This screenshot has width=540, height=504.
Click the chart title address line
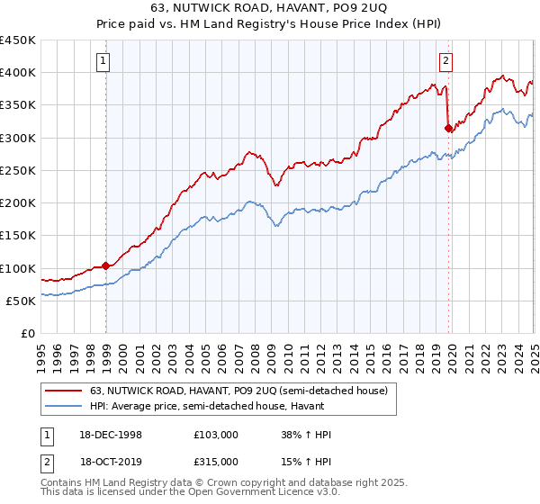pyautogui.click(x=270, y=8)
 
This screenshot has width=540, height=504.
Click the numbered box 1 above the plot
pyautogui.click(x=104, y=61)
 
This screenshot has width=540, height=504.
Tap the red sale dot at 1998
pyautogui.click(x=106, y=265)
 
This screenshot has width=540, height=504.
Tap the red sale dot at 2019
pyautogui.click(x=448, y=128)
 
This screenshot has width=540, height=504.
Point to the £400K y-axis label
pyautogui.click(x=18, y=73)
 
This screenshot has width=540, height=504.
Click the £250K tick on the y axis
pyautogui.click(x=18, y=170)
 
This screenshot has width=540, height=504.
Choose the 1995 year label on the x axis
pyautogui.click(x=41, y=353)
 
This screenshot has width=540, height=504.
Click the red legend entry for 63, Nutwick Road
pyautogui.click(x=238, y=391)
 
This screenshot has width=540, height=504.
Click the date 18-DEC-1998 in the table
pyautogui.click(x=112, y=435)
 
